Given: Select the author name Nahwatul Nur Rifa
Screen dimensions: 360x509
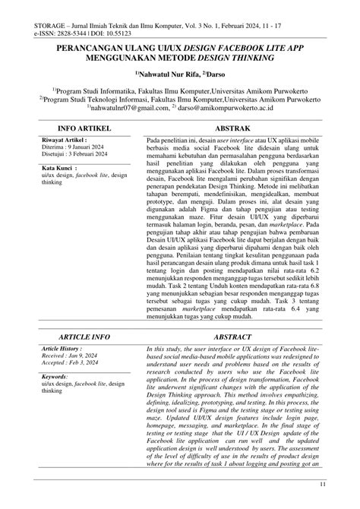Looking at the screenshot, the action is point(174,73).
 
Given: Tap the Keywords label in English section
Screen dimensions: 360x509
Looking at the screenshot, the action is point(57,375).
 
